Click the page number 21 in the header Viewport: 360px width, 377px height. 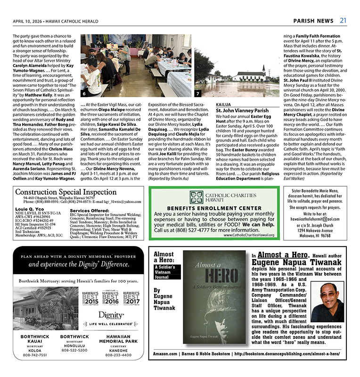344,20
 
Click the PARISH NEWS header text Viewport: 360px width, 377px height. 313,21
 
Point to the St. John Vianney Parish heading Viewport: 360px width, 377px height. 242,111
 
